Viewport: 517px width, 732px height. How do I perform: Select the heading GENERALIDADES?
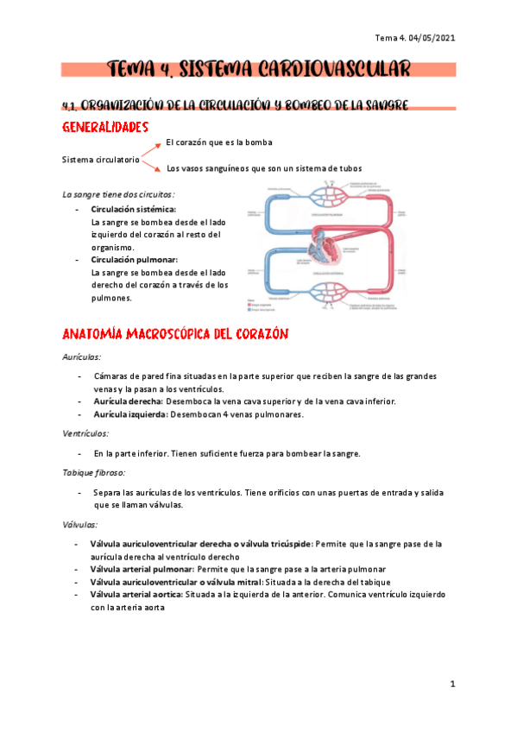tap(111, 128)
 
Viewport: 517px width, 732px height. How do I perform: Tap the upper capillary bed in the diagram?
tap(330, 195)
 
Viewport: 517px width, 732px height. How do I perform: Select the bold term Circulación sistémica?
tap(133, 209)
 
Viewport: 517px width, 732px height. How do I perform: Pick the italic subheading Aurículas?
tap(82, 356)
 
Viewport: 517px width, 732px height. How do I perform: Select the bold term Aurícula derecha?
tap(129, 401)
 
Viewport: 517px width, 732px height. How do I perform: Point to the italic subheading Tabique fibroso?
tap(94, 473)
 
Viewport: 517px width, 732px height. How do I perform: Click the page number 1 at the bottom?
tap(452, 685)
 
